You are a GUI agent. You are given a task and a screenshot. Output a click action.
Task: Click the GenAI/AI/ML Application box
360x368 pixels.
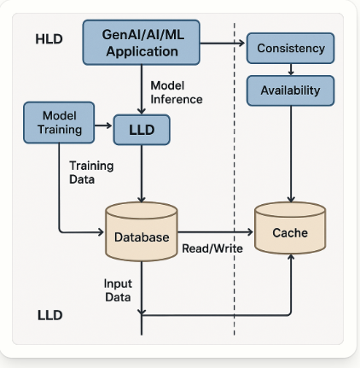click(x=142, y=43)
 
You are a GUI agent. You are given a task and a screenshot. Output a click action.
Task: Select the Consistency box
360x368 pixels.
click(x=290, y=48)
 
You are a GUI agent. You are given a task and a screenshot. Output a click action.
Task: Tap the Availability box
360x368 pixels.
click(x=290, y=91)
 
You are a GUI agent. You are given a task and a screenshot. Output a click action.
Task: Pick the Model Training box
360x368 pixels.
click(x=59, y=122)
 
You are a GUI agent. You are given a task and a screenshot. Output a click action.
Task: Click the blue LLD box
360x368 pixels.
click(x=142, y=130)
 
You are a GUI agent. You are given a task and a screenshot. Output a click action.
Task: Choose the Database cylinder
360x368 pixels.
click(x=142, y=231)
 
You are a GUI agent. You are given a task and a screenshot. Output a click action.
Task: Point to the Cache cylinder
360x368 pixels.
click(x=290, y=228)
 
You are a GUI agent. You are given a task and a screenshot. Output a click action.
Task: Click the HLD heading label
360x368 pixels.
click(x=49, y=39)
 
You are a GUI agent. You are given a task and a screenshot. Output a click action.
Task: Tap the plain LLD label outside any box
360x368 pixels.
click(x=50, y=315)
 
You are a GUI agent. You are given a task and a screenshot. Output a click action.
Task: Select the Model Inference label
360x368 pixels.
click(x=177, y=92)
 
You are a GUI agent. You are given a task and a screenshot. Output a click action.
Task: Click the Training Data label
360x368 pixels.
click(x=91, y=172)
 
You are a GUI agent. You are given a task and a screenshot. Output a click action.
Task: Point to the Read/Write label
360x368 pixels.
click(x=212, y=248)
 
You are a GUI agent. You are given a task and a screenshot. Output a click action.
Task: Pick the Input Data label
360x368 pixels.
click(x=118, y=290)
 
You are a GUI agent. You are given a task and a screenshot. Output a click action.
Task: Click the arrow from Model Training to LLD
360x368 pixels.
click(x=103, y=126)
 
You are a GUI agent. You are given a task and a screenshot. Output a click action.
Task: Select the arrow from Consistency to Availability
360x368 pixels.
click(x=291, y=69)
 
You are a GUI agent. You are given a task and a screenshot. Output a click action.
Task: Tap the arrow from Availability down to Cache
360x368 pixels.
click(x=291, y=154)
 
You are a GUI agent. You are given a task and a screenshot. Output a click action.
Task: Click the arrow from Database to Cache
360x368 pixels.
click(x=215, y=232)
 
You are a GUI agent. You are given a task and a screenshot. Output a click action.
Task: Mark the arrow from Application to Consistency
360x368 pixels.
click(x=223, y=44)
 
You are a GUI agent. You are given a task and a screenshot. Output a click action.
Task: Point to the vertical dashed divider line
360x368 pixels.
click(x=235, y=179)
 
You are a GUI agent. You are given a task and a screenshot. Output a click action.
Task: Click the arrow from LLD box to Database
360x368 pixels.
click(x=142, y=173)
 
